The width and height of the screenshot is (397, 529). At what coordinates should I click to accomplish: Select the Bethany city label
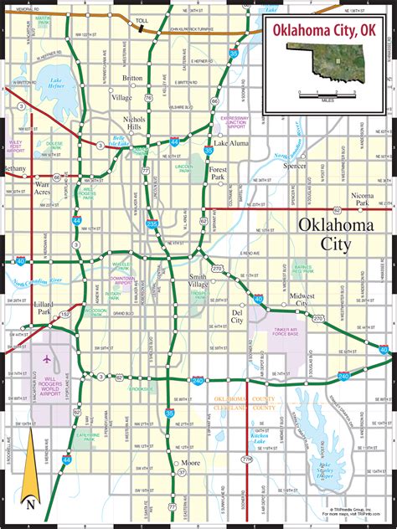pyautogui.click(x=14, y=168)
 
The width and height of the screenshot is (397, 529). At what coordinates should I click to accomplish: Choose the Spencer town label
pyautogui.click(x=295, y=167)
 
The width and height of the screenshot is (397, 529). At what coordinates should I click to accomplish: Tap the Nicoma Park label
pyautogui.click(x=361, y=198)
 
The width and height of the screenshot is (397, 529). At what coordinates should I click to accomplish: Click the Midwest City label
pyautogui.click(x=302, y=300)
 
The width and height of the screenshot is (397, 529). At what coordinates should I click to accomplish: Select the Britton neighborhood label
pyautogui.click(x=132, y=78)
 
